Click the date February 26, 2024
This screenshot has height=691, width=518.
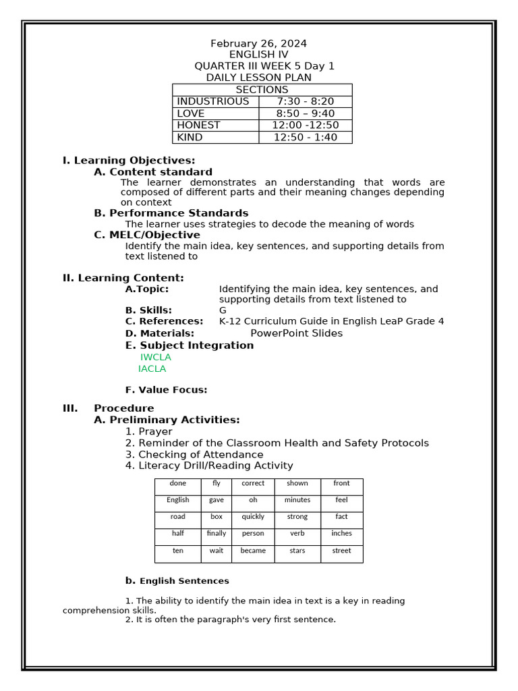pyautogui.click(x=258, y=43)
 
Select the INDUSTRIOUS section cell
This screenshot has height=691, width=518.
pyautogui.click(x=212, y=101)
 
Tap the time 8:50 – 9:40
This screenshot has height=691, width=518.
pyautogui.click(x=305, y=113)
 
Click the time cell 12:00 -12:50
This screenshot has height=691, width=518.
pyautogui.click(x=305, y=126)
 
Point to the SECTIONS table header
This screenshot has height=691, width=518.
pyautogui.click(x=262, y=90)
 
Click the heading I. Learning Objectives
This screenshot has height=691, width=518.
pyautogui.click(x=129, y=160)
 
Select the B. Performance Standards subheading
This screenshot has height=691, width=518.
pyautogui.click(x=171, y=213)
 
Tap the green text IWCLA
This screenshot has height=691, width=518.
pyautogui.click(x=156, y=357)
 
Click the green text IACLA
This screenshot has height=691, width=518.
pyautogui.click(x=152, y=368)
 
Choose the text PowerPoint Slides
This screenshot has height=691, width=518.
pyautogui.click(x=296, y=333)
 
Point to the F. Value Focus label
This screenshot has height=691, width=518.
pyautogui.click(x=166, y=389)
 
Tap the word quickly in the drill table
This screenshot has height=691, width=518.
pyautogui.click(x=253, y=516)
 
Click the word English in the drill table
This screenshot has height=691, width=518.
pyautogui.click(x=178, y=500)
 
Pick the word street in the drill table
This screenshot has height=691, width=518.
pyautogui.click(x=341, y=551)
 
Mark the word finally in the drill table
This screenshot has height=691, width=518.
pyautogui.click(x=217, y=533)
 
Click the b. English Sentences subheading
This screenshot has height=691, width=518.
pyautogui.click(x=177, y=580)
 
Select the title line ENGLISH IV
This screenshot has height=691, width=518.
pyautogui.click(x=252, y=55)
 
